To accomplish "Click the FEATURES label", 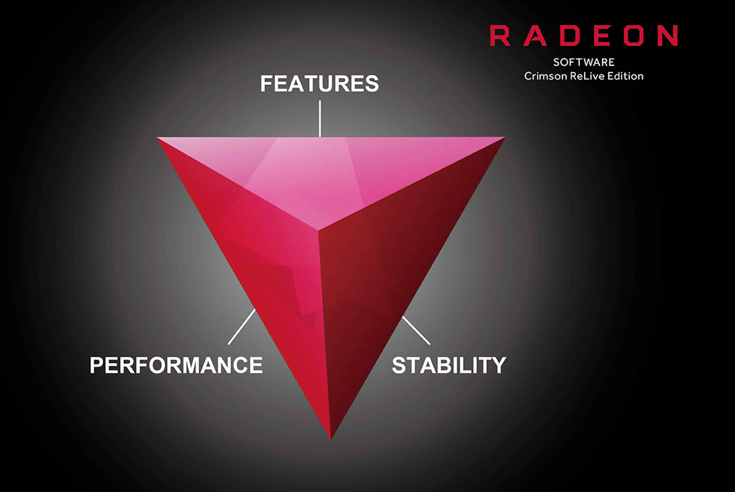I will pos(319,84).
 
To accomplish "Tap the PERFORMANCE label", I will pos(176,365).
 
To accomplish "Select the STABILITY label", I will pos(449,365).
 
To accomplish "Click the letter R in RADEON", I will pos(500,36).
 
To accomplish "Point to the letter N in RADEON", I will pos(668,36).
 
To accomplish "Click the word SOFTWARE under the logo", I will pos(583,62).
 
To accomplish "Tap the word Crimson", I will pos(545,76).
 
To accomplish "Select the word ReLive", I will pos(587,76).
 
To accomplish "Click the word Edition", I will pos(625,76).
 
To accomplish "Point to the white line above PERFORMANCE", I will pos(242,327).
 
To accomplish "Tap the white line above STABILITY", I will pos(416,330).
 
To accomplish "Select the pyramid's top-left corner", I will pos(158,138).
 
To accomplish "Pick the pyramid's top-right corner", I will pos(503,138).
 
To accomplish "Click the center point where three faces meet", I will pos(318,229).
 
